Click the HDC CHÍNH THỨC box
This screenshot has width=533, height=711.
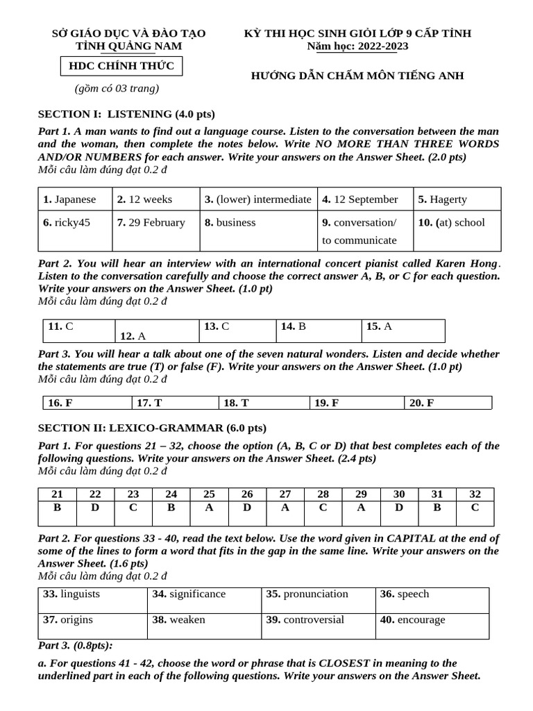click(x=121, y=66)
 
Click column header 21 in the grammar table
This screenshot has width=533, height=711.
click(x=58, y=494)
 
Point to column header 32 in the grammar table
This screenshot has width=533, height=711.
click(x=475, y=494)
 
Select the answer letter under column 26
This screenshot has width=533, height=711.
click(x=247, y=507)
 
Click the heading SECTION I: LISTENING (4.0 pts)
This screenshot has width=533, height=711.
click(x=126, y=114)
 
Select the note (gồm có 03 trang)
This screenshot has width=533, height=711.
click(x=117, y=88)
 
